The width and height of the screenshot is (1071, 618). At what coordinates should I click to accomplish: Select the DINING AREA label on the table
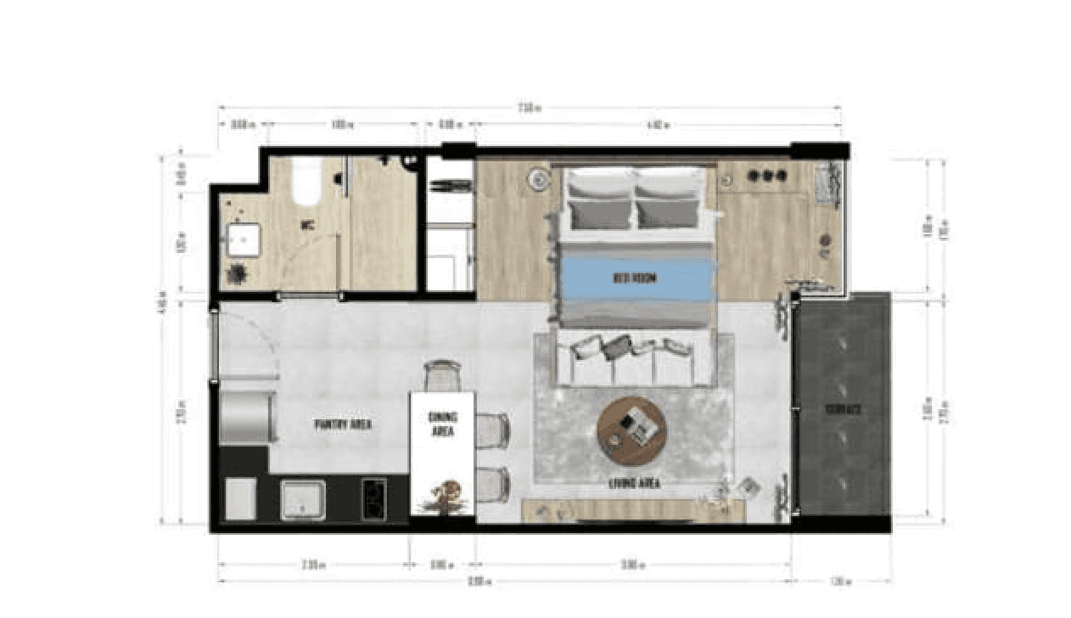tap(442, 424)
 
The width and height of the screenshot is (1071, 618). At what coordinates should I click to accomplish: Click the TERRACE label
tap(844, 409)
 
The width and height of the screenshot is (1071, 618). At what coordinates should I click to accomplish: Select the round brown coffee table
tap(631, 430)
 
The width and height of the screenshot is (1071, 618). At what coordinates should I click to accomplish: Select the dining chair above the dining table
tap(442, 375)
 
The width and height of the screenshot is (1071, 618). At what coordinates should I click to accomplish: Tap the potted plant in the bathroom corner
tap(237, 274)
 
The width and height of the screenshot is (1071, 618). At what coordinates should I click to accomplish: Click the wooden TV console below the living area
tap(633, 510)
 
